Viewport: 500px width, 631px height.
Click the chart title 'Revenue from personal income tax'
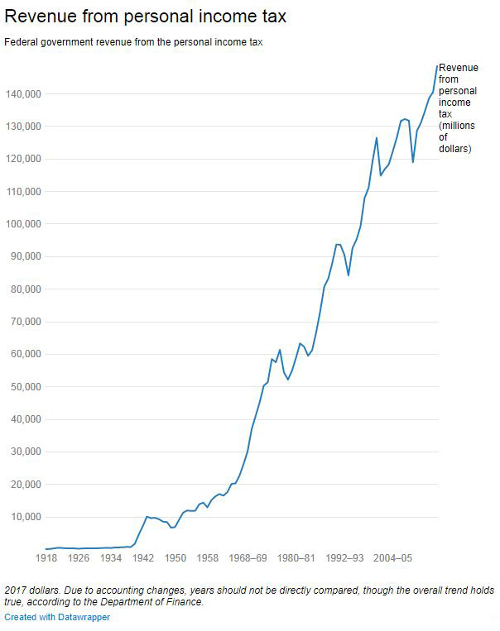pos(145,17)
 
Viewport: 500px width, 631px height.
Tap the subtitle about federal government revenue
pos(133,41)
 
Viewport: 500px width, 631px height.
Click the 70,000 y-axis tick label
pos(25,322)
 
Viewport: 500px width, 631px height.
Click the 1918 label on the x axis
pos(46,558)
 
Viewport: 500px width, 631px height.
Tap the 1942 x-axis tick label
pos(143,558)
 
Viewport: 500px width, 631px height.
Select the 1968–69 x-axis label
pos(249,558)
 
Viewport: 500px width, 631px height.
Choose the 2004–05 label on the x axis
pos(392,558)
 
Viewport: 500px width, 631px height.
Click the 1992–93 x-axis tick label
pos(344,558)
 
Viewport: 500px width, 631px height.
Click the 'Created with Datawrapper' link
pos(57,617)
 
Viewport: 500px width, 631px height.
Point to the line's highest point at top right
pos(436,66)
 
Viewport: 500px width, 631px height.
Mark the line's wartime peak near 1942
pos(147,517)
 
